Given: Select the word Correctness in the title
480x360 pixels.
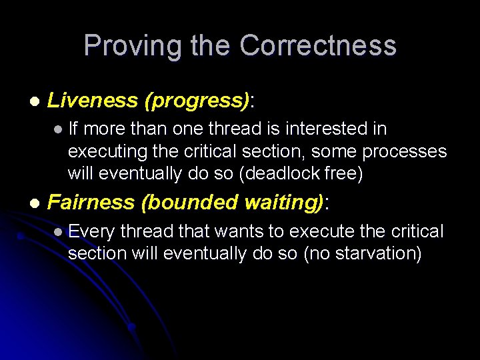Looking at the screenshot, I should tap(318, 46).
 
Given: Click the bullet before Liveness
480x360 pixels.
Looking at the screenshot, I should tap(34, 101).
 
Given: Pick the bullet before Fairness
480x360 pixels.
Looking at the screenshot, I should tap(34, 203).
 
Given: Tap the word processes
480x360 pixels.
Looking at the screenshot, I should tap(405, 151).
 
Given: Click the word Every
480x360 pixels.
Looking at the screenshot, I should tap(92, 232).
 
